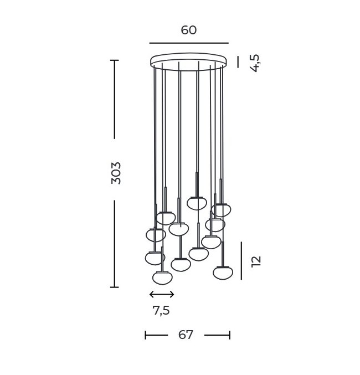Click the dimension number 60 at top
189,30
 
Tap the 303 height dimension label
116,173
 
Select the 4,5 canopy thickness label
255,63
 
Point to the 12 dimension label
256,261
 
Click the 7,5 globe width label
161,310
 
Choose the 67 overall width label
186,335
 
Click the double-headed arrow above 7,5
162,294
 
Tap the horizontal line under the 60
189,43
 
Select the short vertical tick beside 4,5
238,61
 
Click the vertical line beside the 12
241,261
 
